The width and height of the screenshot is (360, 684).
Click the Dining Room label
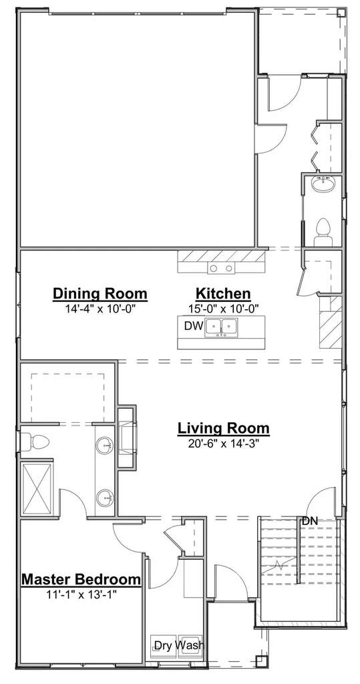click(100, 294)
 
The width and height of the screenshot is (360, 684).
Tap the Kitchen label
click(223, 294)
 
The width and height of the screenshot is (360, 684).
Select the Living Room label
click(223, 428)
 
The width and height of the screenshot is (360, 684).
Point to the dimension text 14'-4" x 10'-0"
click(100, 309)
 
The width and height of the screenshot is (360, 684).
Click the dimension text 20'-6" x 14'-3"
click(224, 444)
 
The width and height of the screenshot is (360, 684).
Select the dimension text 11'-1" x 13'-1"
click(81, 594)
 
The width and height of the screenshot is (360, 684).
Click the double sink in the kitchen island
click(221, 327)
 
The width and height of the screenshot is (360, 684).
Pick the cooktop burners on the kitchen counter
click(221, 268)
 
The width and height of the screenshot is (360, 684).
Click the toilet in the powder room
click(323, 231)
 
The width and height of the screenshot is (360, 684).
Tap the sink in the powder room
click(323, 184)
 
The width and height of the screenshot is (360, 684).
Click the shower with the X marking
click(37, 488)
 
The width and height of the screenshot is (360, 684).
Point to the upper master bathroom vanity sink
click(105, 446)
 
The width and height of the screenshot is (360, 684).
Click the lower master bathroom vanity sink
click(105, 498)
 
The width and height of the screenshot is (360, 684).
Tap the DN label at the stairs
click(310, 520)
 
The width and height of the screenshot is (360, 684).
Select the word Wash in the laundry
click(191, 645)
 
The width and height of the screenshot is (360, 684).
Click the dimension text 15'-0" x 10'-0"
click(224, 309)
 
